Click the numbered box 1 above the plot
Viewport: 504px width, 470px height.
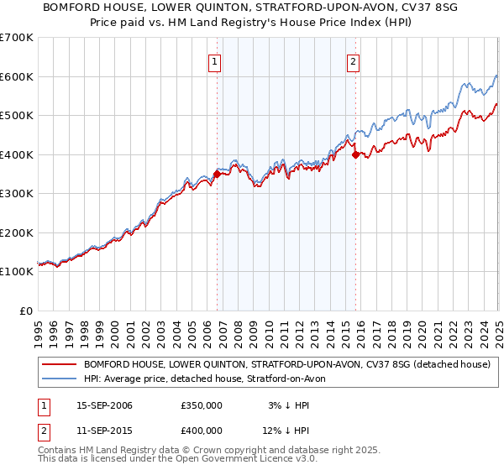(216, 61)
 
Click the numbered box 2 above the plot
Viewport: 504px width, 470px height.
(353, 61)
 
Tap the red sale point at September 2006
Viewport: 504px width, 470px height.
(217, 175)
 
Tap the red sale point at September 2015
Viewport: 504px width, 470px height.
(355, 154)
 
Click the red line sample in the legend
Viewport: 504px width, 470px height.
(59, 364)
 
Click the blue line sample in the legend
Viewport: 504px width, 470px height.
(59, 379)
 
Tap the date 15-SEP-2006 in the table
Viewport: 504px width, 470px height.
(104, 405)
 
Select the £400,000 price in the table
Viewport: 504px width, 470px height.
(202, 432)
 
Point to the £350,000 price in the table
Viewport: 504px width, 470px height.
(202, 405)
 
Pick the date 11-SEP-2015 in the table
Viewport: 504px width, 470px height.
(104, 432)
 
